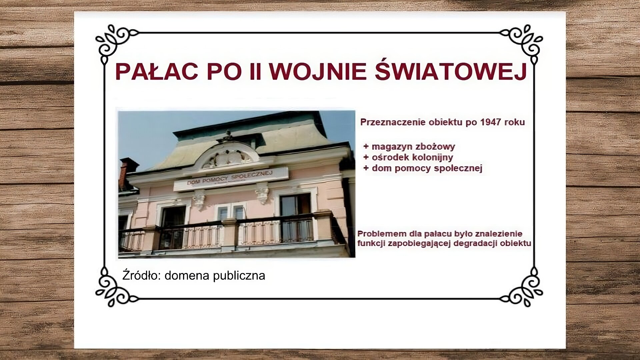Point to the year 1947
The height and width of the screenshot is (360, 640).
491,122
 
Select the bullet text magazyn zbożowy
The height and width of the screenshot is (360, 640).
413,146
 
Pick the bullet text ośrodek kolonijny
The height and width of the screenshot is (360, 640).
412,157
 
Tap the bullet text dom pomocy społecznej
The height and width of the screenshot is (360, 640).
427,168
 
